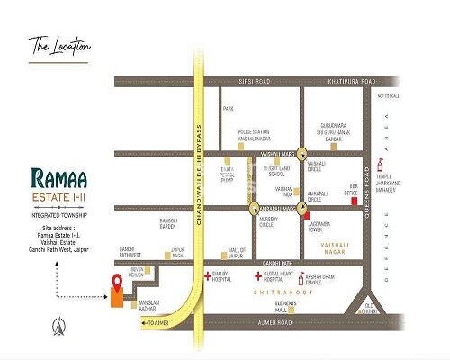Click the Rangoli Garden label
173,216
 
